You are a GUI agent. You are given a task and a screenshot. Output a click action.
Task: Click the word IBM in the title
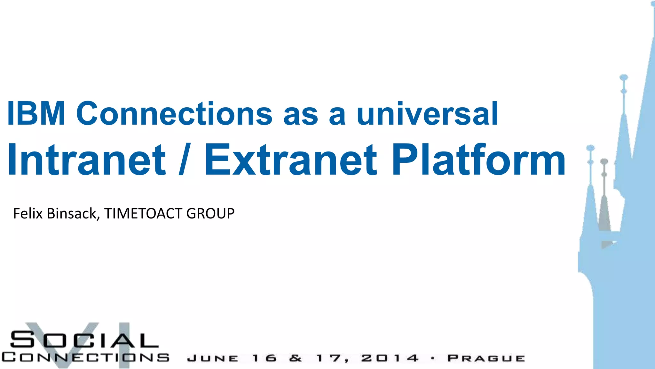coord(36,113)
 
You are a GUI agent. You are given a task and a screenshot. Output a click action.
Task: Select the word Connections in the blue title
coord(174,113)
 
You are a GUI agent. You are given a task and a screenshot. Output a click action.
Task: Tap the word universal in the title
coord(427,113)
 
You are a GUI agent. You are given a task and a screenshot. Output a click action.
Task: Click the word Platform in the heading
coord(479,160)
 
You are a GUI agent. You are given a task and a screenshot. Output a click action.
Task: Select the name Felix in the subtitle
coord(28,213)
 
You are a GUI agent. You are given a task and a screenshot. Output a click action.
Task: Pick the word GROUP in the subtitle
coord(210,213)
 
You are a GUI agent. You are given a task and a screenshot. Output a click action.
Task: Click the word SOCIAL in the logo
coord(84,340)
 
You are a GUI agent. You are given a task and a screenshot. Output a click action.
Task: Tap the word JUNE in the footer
coord(213,358)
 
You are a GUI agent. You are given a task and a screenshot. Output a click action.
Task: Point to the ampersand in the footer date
coord(296,358)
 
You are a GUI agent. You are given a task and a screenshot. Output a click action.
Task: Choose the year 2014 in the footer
coord(390,358)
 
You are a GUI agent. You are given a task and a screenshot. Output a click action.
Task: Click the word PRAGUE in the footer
coord(486,358)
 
